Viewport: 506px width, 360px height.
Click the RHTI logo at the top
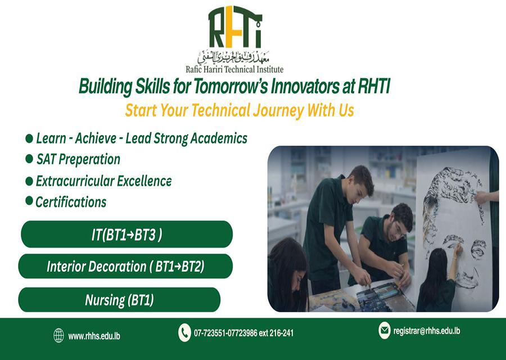[234, 27]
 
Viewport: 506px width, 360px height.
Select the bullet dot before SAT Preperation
[29, 159]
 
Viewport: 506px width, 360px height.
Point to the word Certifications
[71, 202]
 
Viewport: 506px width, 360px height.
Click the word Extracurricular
[74, 181]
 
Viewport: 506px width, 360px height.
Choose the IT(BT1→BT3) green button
[127, 235]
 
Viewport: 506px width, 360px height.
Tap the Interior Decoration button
[125, 267]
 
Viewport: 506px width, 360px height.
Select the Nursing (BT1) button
[119, 300]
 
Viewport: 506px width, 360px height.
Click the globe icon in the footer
[58, 335]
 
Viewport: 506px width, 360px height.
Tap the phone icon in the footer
[184, 332]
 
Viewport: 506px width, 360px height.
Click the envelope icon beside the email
[385, 330]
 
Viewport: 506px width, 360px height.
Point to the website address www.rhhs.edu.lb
[94, 336]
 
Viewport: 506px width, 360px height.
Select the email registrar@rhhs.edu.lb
[427, 331]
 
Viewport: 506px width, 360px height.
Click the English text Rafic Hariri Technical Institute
[234, 69]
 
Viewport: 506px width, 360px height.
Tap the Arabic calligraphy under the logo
[234, 57]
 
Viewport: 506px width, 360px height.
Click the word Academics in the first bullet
[219, 138]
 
